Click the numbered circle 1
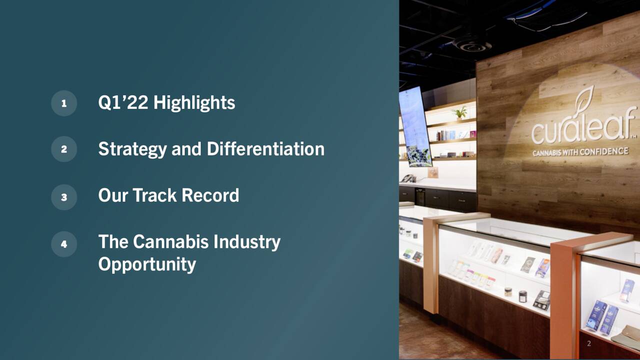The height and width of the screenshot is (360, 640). [64, 103]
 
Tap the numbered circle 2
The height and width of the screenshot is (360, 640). [64, 149]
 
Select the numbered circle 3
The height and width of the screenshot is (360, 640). [64, 197]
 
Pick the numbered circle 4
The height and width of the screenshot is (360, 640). [64, 244]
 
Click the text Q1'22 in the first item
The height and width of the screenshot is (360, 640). [123, 102]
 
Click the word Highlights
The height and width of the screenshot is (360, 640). [194, 102]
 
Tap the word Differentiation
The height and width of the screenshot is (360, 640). [265, 149]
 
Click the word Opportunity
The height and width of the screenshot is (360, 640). [147, 264]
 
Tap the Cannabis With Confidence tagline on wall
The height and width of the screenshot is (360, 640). [580, 151]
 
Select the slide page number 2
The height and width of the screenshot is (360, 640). [588, 343]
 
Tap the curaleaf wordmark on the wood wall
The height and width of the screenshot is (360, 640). [582, 128]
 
